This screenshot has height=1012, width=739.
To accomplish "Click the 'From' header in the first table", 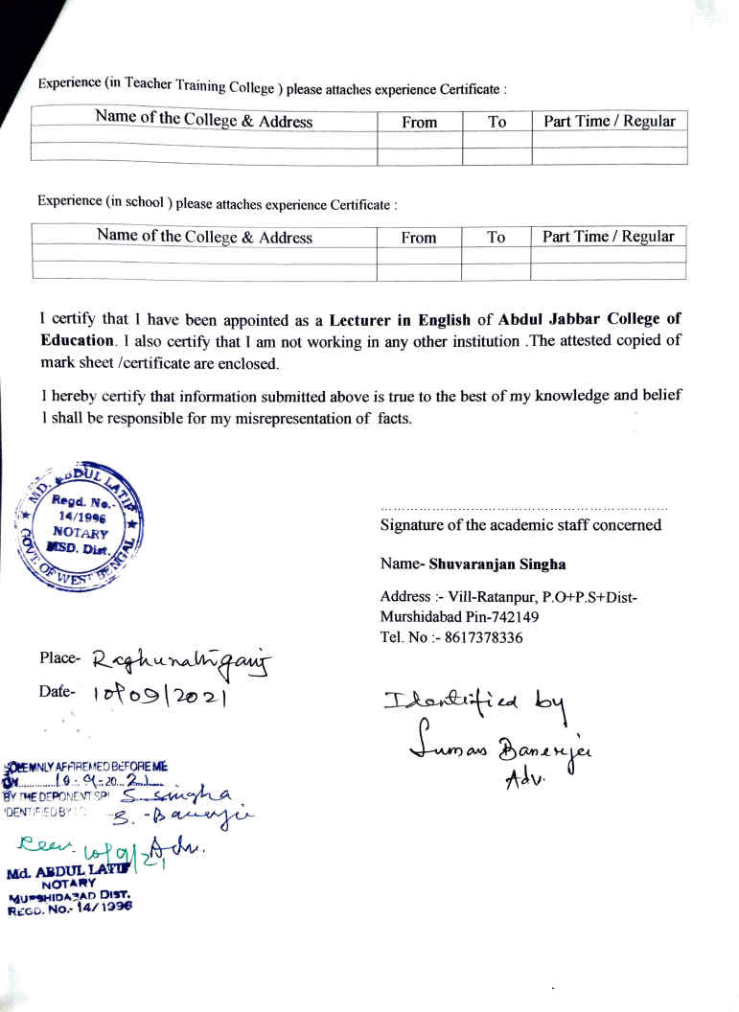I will pos(419,123).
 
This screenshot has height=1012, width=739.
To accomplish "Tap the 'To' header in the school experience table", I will pos(496,238).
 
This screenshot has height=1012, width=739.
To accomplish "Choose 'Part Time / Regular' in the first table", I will pos(609,122).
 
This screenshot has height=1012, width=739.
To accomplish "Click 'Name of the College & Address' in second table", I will pos(204,237).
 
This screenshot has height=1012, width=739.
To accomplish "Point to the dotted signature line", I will pos(523,507).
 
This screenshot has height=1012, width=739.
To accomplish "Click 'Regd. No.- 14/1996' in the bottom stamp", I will pos(69,909).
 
